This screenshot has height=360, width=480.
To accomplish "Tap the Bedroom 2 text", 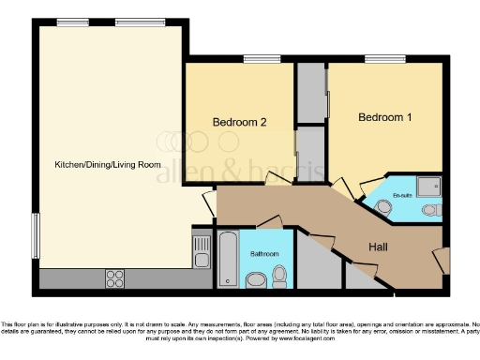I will click(x=239, y=122).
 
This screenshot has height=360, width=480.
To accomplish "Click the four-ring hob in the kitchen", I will click(x=116, y=277).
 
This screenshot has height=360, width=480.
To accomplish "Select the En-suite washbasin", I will click(x=384, y=204).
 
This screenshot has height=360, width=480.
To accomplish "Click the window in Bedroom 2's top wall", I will click(x=255, y=60).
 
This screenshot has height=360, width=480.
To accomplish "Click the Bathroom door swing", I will click(x=271, y=222).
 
